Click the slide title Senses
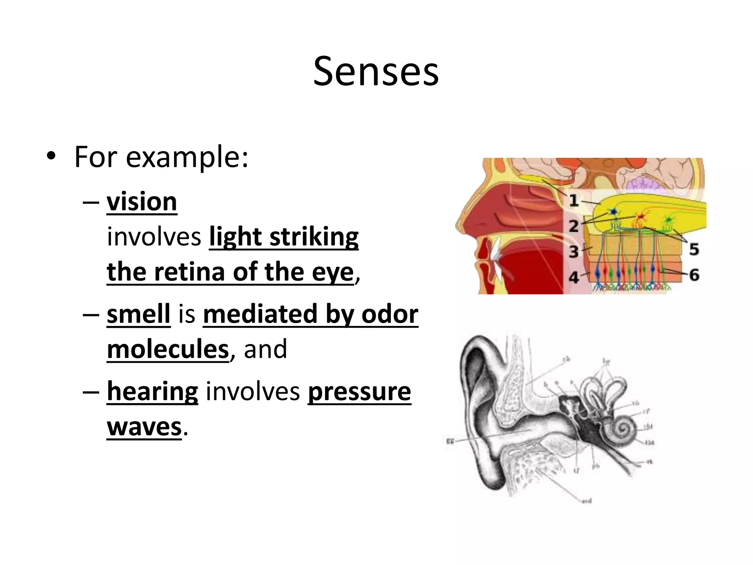pos(376,71)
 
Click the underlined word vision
pos(142,202)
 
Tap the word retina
pos(189,272)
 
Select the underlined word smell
pos(139,314)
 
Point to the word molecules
pos(168,349)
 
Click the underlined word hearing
pos(152,391)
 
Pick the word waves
pos(144,427)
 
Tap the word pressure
pos(359,391)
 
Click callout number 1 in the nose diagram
pos(574,200)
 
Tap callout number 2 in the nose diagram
pos(574,226)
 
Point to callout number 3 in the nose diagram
pos(574,252)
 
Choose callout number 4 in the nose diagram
pos(574,277)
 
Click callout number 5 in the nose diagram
pos(694,249)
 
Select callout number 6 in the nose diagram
pos(694,275)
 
